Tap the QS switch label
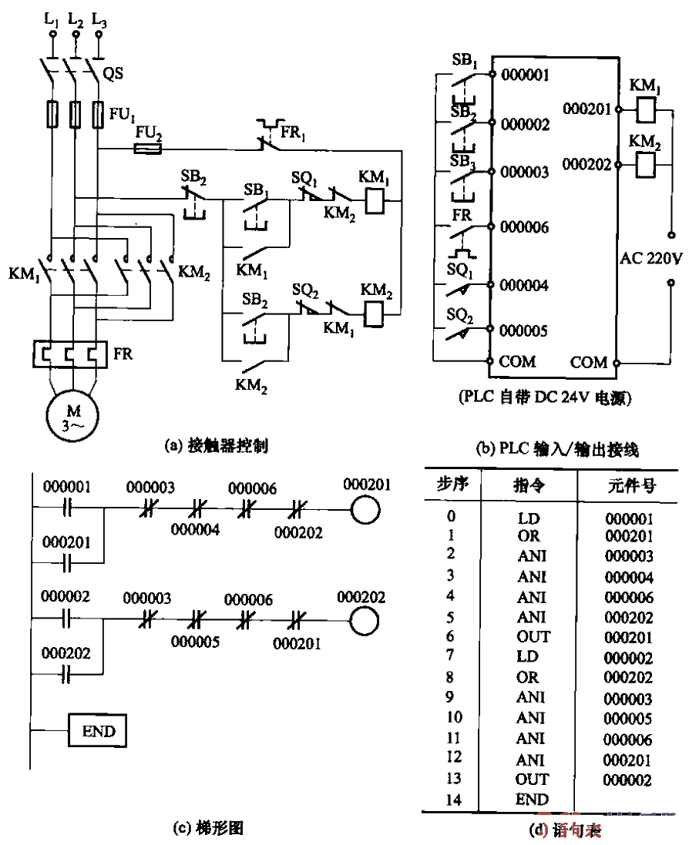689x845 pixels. tap(113, 74)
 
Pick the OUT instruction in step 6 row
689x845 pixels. tap(533, 636)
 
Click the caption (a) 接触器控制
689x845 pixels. tap(217, 444)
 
